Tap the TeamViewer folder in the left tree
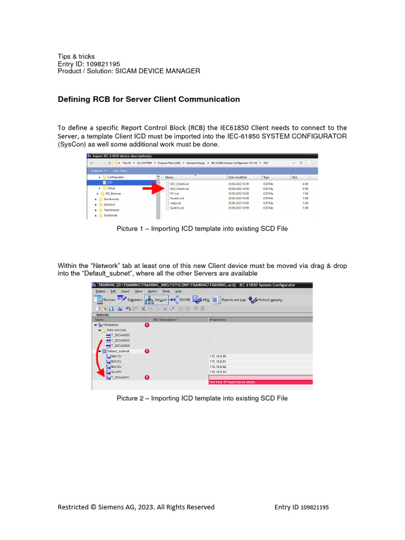pyautogui.click(x=111, y=209)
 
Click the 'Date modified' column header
pyautogui.click(x=237, y=178)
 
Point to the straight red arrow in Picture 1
pyautogui.click(x=153, y=187)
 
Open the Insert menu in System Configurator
pyautogui.click(x=125, y=291)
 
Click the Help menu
pyautogui.click(x=178, y=291)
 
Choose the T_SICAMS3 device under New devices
pyautogui.click(x=120, y=340)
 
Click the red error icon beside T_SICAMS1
pyautogui.click(x=147, y=377)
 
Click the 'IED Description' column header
pyautogui.click(x=165, y=320)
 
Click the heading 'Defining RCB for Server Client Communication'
pyautogui.click(x=148, y=99)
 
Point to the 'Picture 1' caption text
pyautogui.click(x=202, y=229)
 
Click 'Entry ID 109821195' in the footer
pyautogui.click(x=301, y=507)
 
